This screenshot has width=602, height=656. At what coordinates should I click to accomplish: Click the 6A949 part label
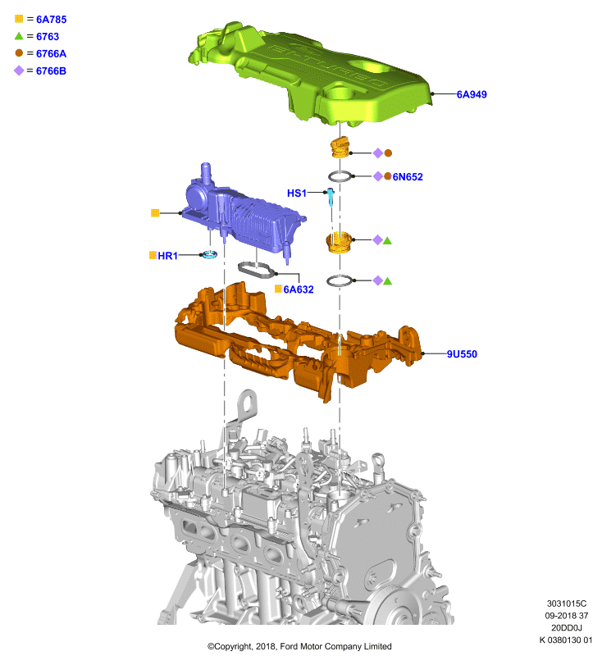472,94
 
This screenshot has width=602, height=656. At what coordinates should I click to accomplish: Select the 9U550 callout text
462,354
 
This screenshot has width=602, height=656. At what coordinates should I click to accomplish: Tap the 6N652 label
408,177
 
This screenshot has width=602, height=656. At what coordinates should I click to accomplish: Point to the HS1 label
297,193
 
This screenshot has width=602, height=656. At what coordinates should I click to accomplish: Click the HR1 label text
168,256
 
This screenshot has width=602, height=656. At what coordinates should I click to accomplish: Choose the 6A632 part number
299,289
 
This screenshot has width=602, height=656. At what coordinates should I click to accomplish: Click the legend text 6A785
52,19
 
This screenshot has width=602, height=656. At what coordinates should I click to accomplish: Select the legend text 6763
48,36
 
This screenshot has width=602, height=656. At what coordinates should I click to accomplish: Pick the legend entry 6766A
51,53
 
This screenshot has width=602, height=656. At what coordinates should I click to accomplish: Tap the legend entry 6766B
51,71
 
